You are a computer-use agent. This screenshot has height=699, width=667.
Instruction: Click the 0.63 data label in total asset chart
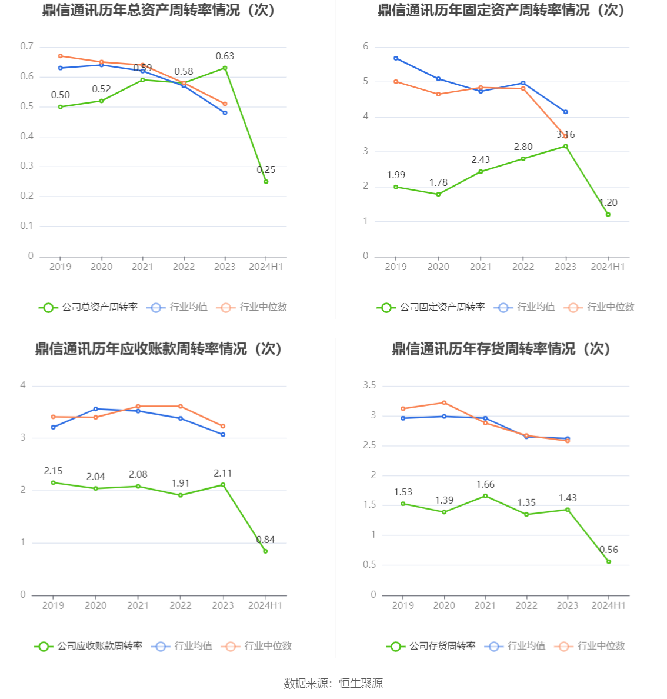coord(225,56)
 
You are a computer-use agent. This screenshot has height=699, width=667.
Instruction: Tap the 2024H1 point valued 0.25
coord(266,182)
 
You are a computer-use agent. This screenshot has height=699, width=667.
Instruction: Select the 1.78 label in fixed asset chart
coord(438,183)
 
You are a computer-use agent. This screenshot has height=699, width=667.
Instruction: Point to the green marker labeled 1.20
coord(608,215)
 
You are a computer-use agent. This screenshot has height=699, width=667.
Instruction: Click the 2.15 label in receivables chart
coord(53,471)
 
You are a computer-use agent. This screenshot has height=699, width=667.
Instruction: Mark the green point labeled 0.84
coord(265,551)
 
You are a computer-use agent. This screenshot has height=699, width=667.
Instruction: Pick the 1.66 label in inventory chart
coord(485,485)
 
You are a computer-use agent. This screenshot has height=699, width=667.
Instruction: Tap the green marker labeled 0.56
coord(609,562)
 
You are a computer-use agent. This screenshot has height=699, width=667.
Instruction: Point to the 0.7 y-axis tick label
coord(26,46)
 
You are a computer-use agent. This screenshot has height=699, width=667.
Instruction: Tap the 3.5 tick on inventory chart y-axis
coord(369,385)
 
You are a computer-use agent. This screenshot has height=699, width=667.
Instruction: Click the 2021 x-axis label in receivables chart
coord(138,605)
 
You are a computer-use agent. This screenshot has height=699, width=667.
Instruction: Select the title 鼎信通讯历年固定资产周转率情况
coord(501,11)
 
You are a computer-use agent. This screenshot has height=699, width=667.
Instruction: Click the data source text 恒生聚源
coord(361,683)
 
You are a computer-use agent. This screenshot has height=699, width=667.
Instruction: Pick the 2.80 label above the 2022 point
coord(523,147)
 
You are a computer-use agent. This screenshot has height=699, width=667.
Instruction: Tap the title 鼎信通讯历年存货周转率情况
coord(501,349)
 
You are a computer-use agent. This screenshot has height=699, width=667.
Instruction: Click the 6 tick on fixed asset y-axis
coord(366,46)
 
